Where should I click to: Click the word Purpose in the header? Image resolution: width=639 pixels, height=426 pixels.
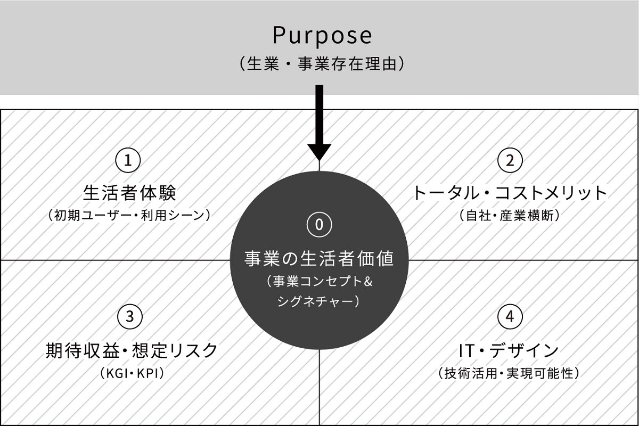coord(322,36)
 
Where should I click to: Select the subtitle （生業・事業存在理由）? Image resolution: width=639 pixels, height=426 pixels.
coord(322,64)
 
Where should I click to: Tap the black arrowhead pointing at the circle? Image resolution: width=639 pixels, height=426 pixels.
coord(319,151)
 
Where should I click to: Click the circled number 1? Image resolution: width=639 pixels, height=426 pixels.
coord(128,160)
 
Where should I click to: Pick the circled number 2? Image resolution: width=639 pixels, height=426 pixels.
coord(510,160)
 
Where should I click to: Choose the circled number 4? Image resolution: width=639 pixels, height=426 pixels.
coord(510,317)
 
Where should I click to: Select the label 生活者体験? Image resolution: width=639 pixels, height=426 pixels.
coord(129,192)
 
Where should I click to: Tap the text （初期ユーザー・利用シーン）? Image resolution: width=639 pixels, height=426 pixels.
coord(129,216)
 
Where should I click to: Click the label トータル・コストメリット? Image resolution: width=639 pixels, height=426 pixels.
coord(510,192)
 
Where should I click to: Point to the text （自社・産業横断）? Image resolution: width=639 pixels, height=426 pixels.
coord(510,216)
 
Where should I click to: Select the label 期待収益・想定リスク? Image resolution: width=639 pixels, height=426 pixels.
coord(132,350)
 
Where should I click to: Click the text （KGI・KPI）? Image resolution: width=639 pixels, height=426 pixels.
coord(132,373)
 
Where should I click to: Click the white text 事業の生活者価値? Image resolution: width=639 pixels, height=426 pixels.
coord(319,259)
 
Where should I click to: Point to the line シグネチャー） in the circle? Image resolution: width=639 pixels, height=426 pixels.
coord(319,301)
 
